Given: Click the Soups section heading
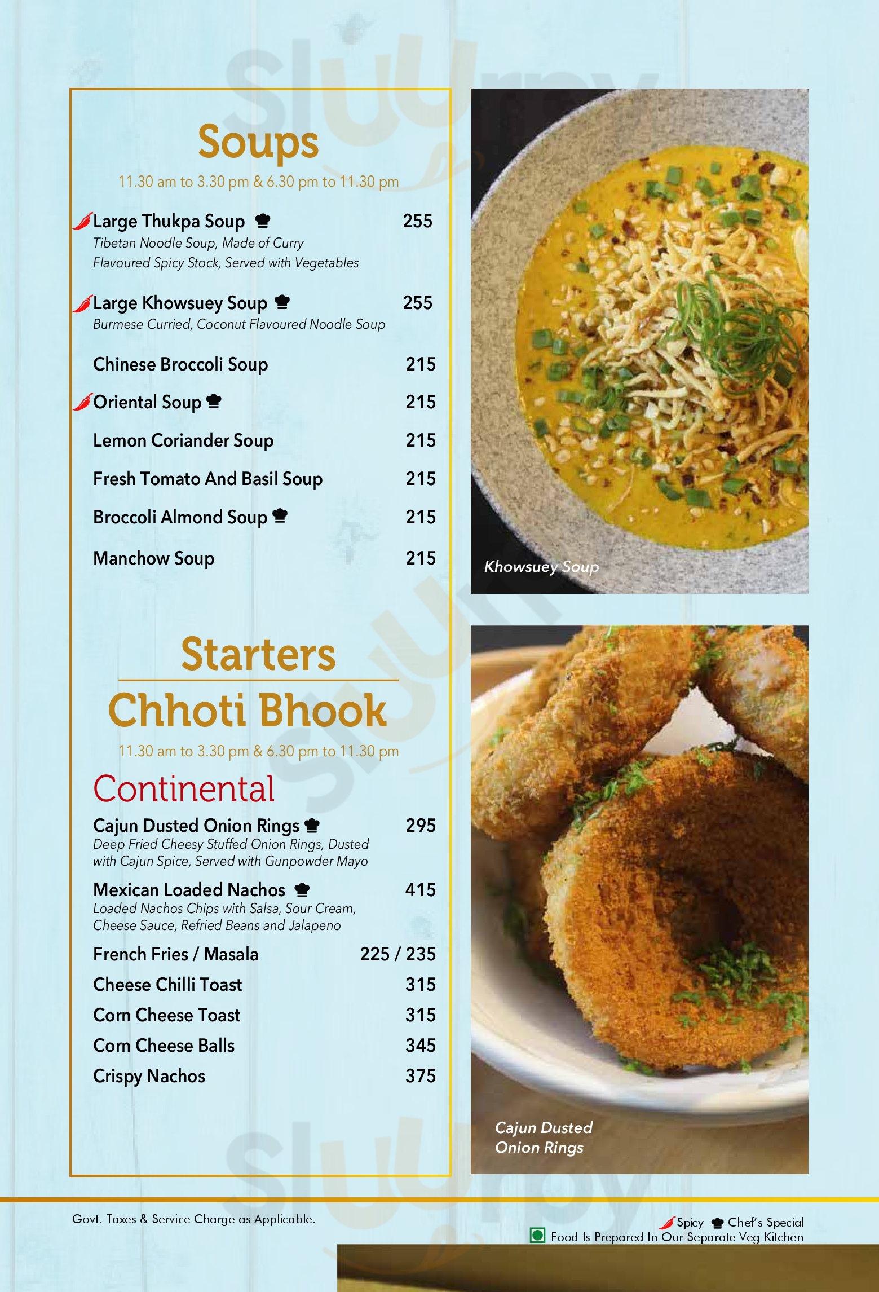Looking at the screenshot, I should coord(258,142).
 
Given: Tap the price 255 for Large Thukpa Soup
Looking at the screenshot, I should coord(417,221).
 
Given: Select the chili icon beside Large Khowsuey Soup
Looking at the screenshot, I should coord(82,303).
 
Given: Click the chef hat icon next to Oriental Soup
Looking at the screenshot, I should coord(214,402).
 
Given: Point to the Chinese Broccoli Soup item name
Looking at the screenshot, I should coord(180,364).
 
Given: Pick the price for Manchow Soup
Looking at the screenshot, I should coord(420,558).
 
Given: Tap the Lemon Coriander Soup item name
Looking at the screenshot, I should coord(183,440).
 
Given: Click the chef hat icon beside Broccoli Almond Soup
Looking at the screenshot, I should coord(280,516).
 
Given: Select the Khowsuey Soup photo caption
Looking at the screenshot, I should coord(541,567).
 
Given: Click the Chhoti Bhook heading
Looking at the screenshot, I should coord(248,711).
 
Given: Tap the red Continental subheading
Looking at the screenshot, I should coord(184,788).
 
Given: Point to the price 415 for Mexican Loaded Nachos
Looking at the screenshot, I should coord(420,890).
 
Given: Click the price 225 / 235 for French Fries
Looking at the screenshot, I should coord(397,954).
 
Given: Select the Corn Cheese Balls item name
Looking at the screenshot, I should coord(164,1046).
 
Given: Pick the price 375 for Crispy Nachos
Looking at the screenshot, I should coord(420,1076).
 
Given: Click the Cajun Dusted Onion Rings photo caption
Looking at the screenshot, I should coord(544,1137).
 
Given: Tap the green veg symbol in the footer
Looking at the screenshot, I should coord(538,1236).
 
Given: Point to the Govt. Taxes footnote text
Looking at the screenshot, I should coord(193,1219).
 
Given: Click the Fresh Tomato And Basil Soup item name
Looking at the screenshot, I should coord(207,479).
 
